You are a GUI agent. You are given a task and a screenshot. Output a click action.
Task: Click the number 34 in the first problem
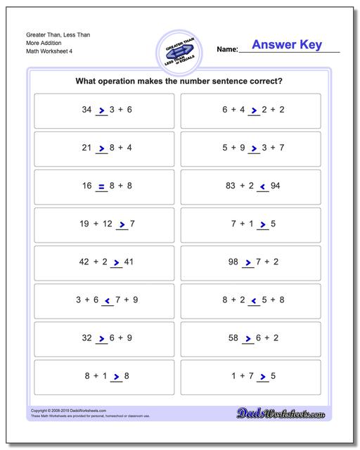(87, 110)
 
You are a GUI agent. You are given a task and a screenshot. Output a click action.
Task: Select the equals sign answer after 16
(101, 186)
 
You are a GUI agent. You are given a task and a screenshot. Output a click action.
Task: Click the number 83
(229, 186)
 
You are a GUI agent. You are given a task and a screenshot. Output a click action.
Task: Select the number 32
(87, 338)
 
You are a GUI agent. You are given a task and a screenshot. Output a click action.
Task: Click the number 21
(87, 148)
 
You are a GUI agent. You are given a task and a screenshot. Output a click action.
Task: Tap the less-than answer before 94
(262, 187)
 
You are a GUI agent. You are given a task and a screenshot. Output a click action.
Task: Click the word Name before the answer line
(227, 50)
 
